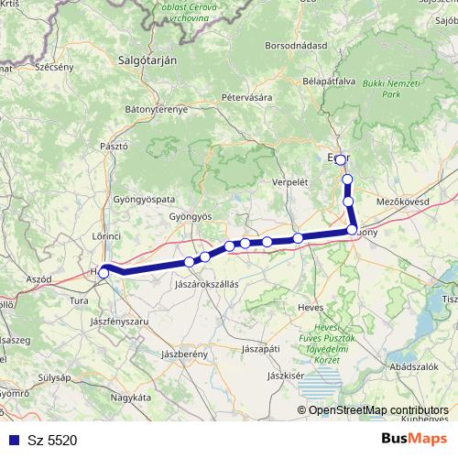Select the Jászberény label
(x=180, y=353)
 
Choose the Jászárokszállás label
(x=206, y=284)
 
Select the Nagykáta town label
(x=130, y=398)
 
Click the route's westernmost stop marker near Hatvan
(x=104, y=271)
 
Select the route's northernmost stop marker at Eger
(x=341, y=159)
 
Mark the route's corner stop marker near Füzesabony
(x=352, y=231)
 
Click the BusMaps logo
(x=414, y=440)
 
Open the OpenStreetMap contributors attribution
(x=376, y=410)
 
